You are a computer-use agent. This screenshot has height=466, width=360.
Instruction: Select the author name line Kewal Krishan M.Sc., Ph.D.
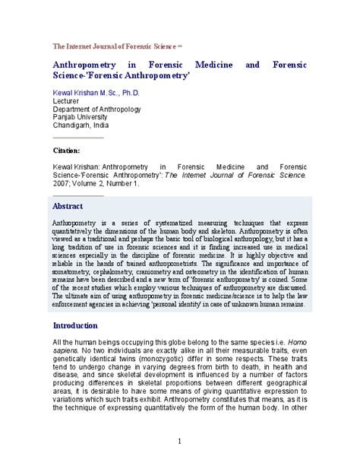click(x=96, y=93)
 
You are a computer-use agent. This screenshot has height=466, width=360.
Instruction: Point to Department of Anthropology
click(x=96, y=109)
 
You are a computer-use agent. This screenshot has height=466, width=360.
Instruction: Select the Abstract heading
click(x=68, y=206)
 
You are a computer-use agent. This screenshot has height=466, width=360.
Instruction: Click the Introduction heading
click(x=75, y=325)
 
